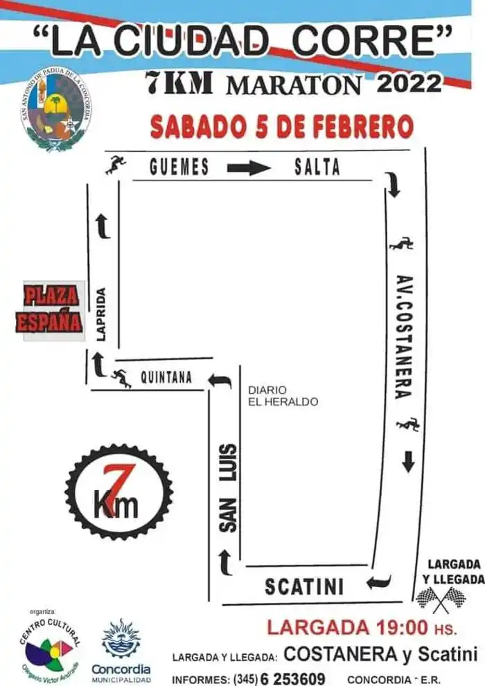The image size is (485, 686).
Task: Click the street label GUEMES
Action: pyautogui.click(x=179, y=167)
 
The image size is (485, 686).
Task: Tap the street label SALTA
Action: pyautogui.click(x=317, y=167)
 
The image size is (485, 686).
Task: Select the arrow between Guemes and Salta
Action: pyautogui.click(x=248, y=168)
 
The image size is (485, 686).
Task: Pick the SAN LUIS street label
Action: pyautogui.click(x=229, y=487)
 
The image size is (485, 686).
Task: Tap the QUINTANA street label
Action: pyautogui.click(x=166, y=378)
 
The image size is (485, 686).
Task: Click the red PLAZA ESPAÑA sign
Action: pyautogui.click(x=50, y=310)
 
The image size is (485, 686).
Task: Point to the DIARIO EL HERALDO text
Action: pyautogui.click(x=283, y=395)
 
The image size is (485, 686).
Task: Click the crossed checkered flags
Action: pyautogui.click(x=440, y=599)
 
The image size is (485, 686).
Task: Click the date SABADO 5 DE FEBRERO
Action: pyautogui.click(x=282, y=127)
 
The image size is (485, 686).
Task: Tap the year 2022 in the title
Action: pyautogui.click(x=408, y=84)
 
